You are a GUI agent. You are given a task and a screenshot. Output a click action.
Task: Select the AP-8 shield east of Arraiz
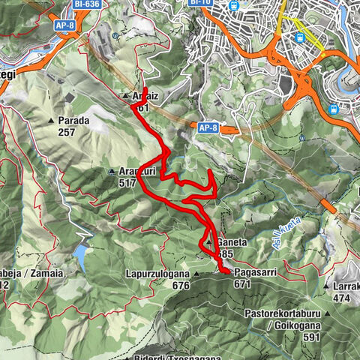pyautogui.click(x=208, y=128)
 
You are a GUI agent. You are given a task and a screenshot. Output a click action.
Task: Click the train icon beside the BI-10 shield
pyautogui.click(x=235, y=6)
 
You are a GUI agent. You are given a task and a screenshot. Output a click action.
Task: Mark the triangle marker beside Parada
pyautogui.click(x=51, y=120)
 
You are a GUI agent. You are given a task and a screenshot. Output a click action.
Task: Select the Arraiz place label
pyautogui.click(x=146, y=97)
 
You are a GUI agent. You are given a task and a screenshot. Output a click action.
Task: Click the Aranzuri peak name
pyautogui.click(x=131, y=170)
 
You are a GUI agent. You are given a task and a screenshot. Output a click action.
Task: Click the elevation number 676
pyautogui.click(x=180, y=286)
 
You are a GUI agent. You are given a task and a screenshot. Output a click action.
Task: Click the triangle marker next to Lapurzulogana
pyautogui.click(x=196, y=274)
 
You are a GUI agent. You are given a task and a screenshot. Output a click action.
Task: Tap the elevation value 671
pyautogui.click(x=241, y=284)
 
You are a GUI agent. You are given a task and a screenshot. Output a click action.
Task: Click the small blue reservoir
pyautogui.click(x=80, y=257)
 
